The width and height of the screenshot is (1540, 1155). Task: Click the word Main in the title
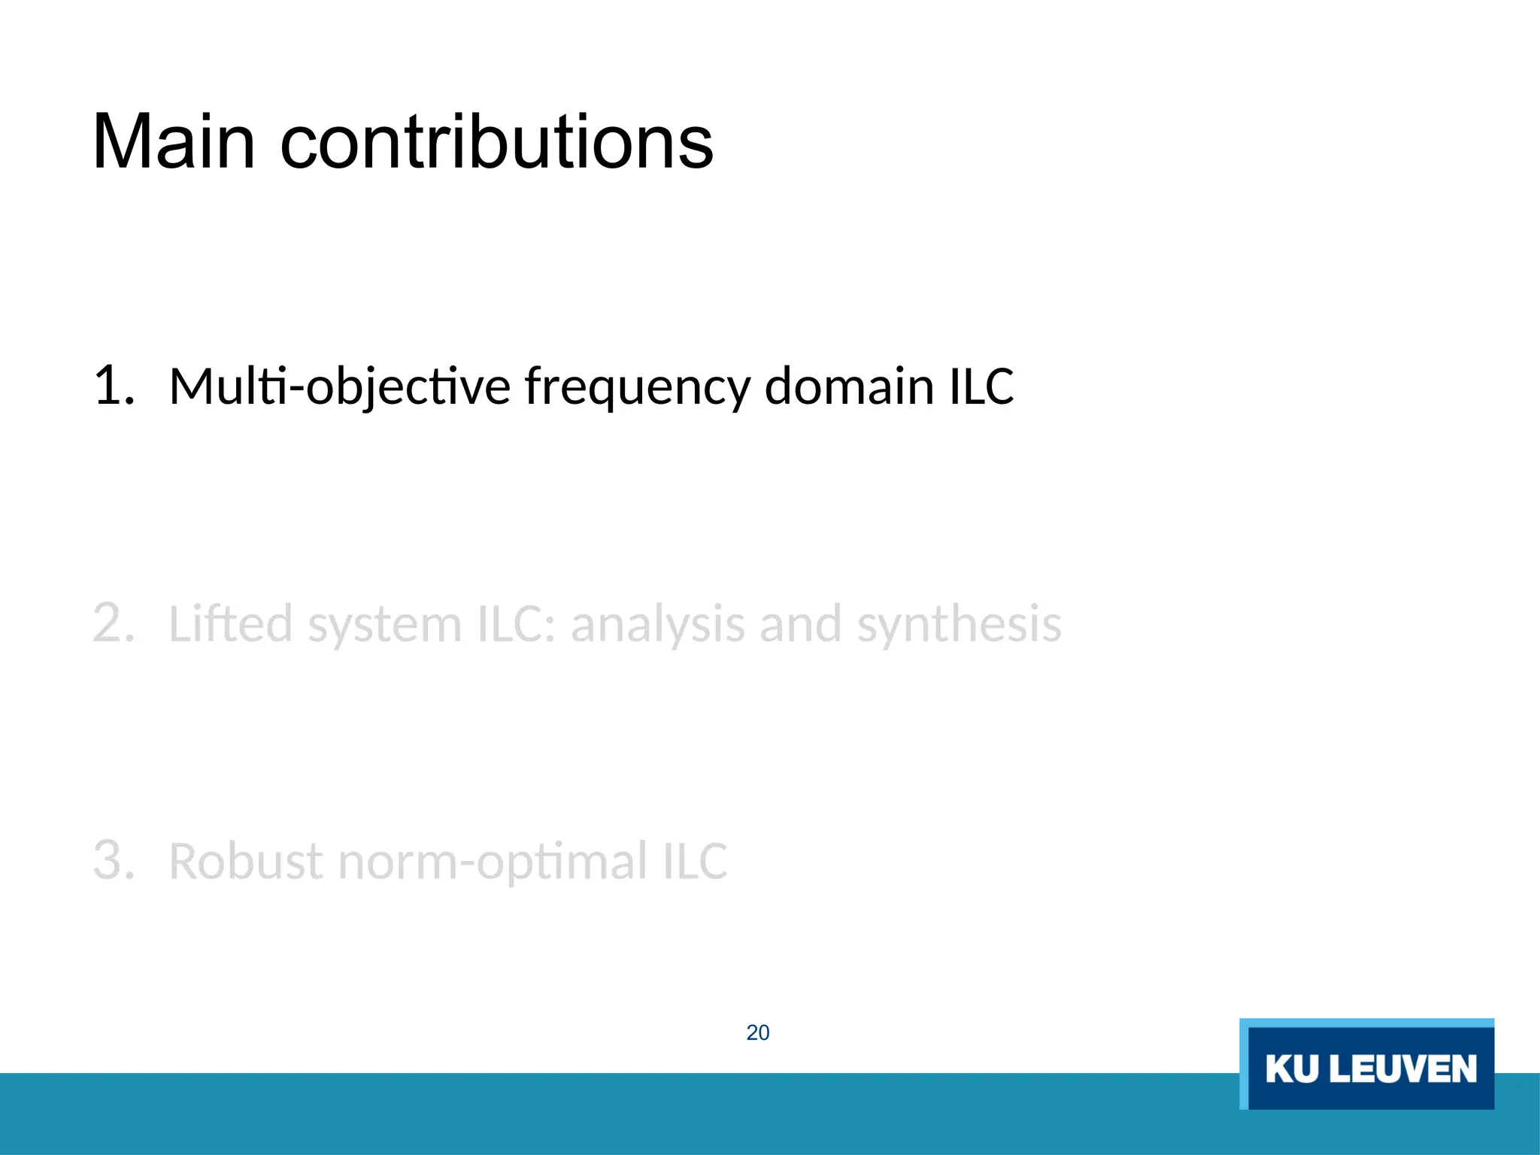(x=174, y=142)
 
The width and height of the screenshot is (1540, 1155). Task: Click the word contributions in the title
(x=496, y=142)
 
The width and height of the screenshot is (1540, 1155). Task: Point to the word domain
(x=849, y=386)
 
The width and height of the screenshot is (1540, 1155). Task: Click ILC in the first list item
(x=981, y=386)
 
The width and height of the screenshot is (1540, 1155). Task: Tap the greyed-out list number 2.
(x=114, y=623)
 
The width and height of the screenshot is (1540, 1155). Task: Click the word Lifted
(x=231, y=623)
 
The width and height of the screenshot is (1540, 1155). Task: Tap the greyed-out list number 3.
(x=114, y=860)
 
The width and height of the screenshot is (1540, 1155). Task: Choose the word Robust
(x=247, y=861)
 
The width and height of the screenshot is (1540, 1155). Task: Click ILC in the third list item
(x=696, y=861)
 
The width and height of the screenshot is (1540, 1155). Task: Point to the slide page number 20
(x=758, y=1032)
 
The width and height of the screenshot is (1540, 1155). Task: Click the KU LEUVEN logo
(x=1367, y=1065)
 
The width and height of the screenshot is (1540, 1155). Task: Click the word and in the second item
(x=801, y=623)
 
